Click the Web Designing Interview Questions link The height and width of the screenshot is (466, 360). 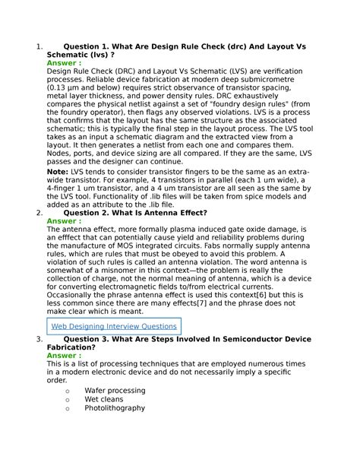coord(113,326)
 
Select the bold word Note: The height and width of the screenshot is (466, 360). coord(61,173)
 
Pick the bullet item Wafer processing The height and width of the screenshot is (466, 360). coord(115,390)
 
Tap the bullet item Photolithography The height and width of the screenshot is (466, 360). coord(115,408)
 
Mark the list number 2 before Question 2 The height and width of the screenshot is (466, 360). coord(38,213)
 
